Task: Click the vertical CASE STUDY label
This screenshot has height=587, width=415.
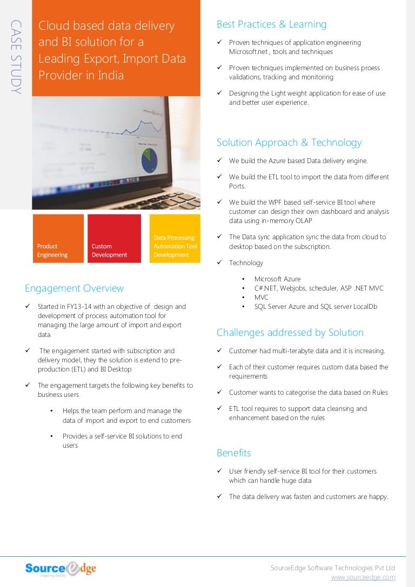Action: tap(16, 57)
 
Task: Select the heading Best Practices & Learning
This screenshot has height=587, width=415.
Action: tap(271, 24)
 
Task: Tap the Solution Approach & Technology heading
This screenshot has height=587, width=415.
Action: tap(289, 143)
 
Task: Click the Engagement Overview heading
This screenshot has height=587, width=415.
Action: tap(74, 288)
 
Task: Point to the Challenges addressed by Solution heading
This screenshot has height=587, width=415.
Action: tap(290, 333)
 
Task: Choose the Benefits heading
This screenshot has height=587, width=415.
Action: tap(233, 453)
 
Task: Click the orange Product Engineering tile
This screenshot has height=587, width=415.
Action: tap(58, 239)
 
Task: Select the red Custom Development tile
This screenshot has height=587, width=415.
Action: tap(114, 239)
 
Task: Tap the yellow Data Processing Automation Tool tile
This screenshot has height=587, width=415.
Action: tap(175, 239)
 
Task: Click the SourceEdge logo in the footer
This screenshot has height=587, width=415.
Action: tap(61, 569)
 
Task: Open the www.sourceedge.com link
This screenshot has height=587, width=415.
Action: tap(363, 577)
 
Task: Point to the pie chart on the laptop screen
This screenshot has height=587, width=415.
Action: tap(149, 159)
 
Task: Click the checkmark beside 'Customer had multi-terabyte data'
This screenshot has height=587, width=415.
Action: tap(220, 351)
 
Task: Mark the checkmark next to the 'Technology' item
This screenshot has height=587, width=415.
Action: tap(220, 263)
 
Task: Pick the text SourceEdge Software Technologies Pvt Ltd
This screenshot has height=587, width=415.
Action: tap(332, 568)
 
